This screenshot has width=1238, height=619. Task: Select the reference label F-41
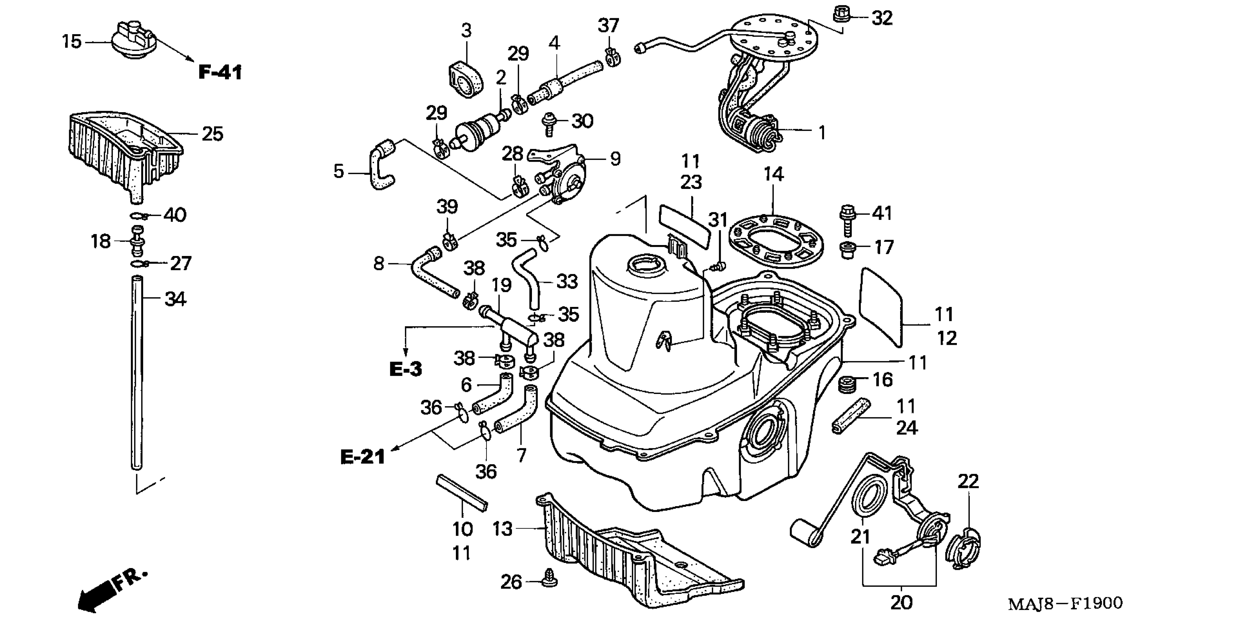(x=220, y=72)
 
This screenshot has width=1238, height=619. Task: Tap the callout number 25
(x=212, y=134)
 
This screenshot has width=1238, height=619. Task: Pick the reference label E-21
(x=363, y=457)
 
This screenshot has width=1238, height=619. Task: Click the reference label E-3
(x=405, y=369)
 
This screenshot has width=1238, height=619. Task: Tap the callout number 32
(x=882, y=18)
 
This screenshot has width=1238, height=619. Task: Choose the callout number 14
(x=773, y=174)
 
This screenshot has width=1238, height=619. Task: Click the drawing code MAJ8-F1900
(x=1065, y=603)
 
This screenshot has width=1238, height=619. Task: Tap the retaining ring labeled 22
(x=963, y=549)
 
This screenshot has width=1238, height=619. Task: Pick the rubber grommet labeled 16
(x=848, y=385)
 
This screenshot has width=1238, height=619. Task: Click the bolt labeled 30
(x=548, y=123)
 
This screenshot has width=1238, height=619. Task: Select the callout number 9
(x=615, y=159)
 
